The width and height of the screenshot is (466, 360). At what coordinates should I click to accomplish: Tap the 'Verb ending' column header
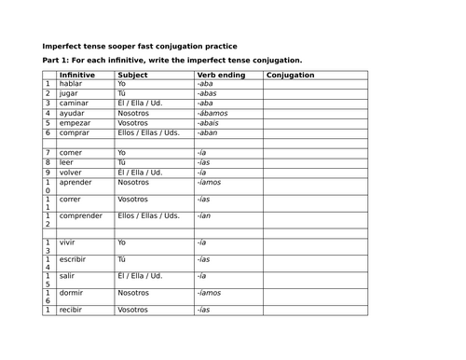tap(221, 75)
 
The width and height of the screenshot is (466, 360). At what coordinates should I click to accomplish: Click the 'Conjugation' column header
tap(290, 75)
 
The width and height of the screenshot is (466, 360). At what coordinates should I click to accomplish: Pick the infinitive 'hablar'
tap(71, 84)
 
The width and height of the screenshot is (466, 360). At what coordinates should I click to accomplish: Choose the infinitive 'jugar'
tap(70, 93)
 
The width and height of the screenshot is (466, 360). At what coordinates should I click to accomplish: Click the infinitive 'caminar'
tap(74, 104)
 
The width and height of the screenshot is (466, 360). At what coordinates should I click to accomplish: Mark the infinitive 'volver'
tap(71, 172)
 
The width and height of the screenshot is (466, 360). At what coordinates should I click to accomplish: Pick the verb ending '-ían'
tap(204, 215)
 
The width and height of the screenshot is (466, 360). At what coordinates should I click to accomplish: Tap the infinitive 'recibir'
tap(72, 309)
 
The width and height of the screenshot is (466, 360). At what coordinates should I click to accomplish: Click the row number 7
tap(48, 152)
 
